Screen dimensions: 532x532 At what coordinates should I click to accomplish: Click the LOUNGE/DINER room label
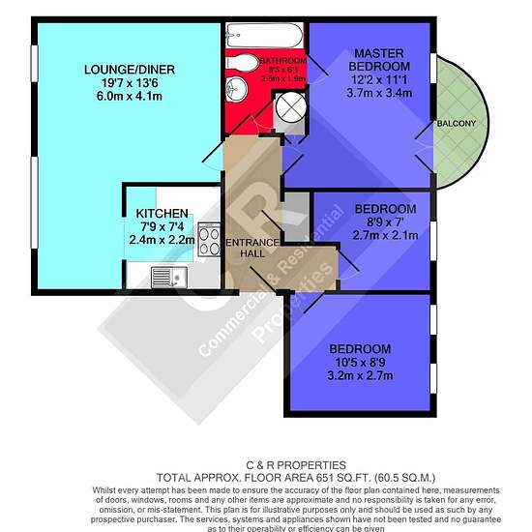(130, 70)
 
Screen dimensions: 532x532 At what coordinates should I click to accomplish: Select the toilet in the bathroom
(242, 63)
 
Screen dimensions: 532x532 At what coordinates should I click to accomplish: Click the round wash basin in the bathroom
(236, 89)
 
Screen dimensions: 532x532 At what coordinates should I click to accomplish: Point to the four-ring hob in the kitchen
(209, 239)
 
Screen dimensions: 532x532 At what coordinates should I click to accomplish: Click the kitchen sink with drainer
(169, 278)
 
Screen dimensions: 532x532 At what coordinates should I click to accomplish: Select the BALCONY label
(457, 124)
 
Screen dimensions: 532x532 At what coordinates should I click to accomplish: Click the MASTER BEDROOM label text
(379, 60)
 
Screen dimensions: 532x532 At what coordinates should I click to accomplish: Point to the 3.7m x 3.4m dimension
(379, 93)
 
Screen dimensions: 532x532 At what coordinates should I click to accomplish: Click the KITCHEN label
(162, 214)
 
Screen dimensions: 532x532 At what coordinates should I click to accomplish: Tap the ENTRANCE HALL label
(252, 248)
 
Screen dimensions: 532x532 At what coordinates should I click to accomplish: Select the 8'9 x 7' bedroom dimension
(385, 222)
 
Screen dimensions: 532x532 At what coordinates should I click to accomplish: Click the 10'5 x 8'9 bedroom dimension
(360, 363)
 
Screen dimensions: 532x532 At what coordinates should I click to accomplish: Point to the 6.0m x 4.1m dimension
(130, 97)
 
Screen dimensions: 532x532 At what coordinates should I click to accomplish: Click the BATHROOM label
(283, 61)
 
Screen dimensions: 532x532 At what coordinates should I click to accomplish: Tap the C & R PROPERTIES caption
(296, 465)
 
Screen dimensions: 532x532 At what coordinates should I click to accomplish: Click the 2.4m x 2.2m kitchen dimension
(162, 240)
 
